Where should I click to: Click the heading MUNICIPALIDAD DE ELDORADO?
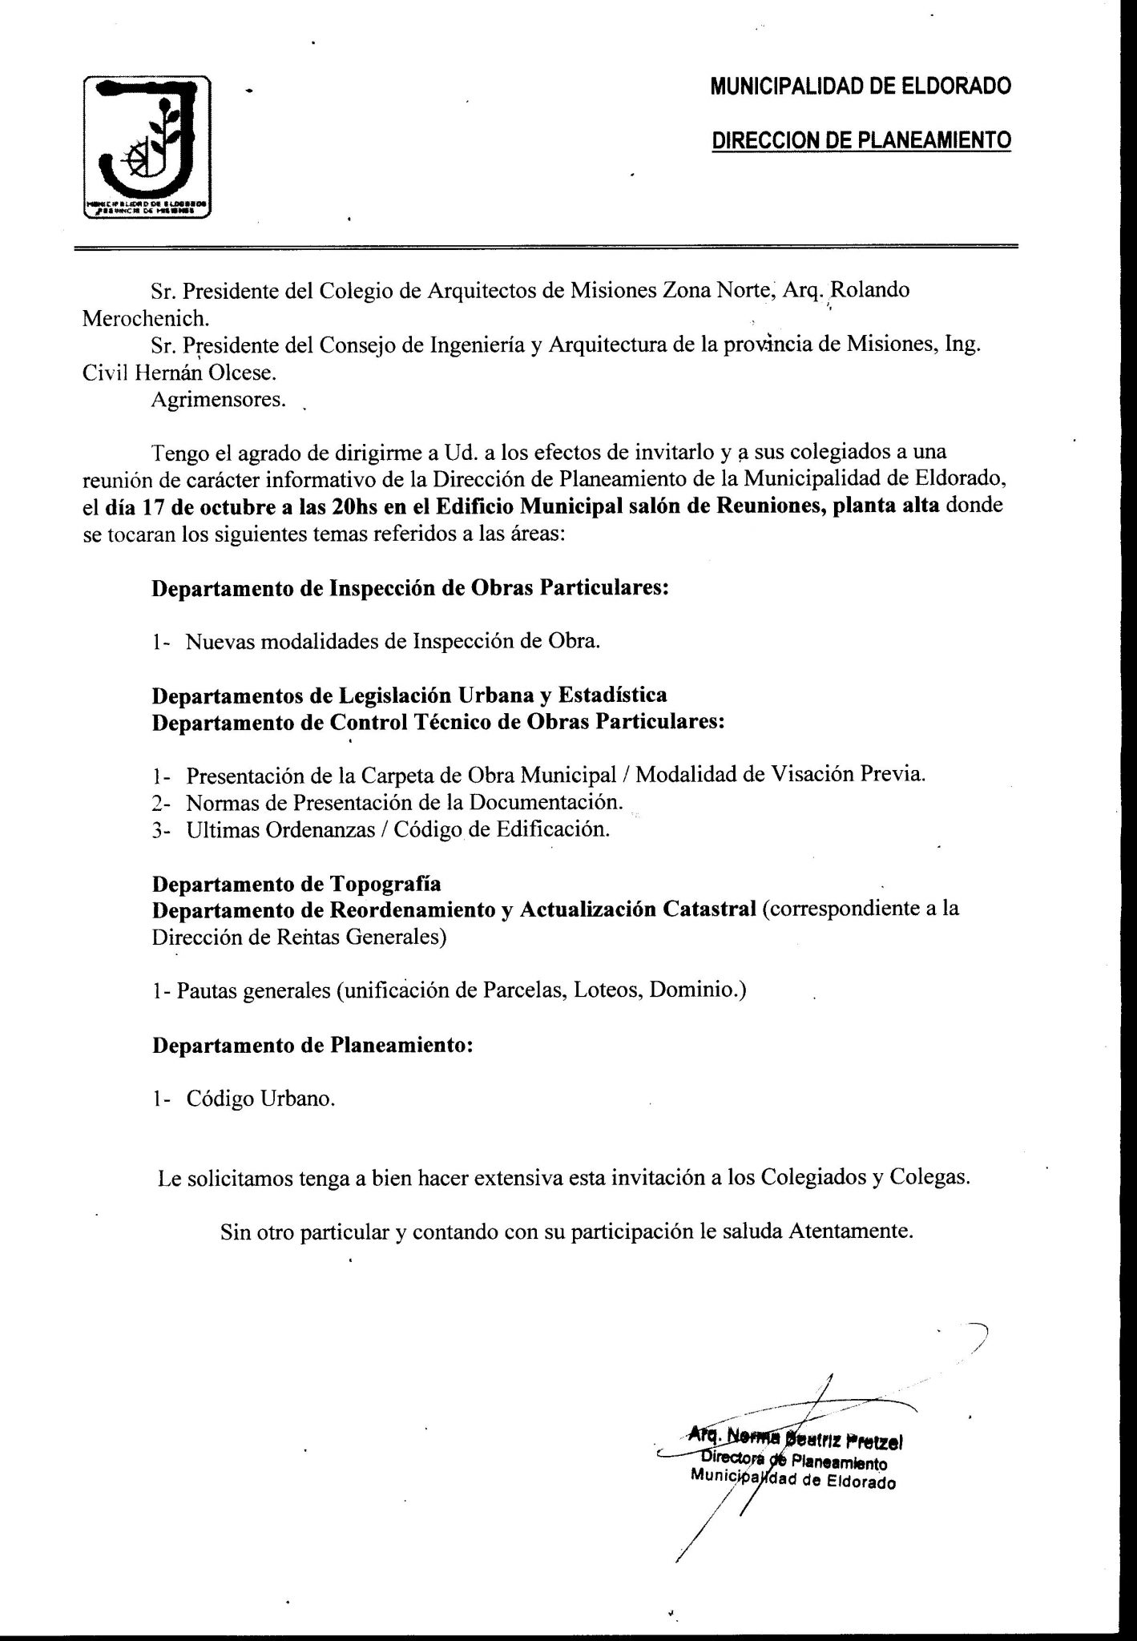click(x=860, y=86)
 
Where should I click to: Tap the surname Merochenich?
click(x=146, y=318)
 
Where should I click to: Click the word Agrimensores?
click(x=218, y=400)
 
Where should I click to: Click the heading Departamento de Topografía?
click(x=296, y=884)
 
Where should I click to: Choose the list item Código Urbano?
click(x=260, y=1099)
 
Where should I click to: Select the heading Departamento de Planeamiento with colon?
click(x=312, y=1045)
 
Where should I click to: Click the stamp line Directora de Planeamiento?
click(x=789, y=1462)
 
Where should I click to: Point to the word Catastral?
click(x=709, y=910)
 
